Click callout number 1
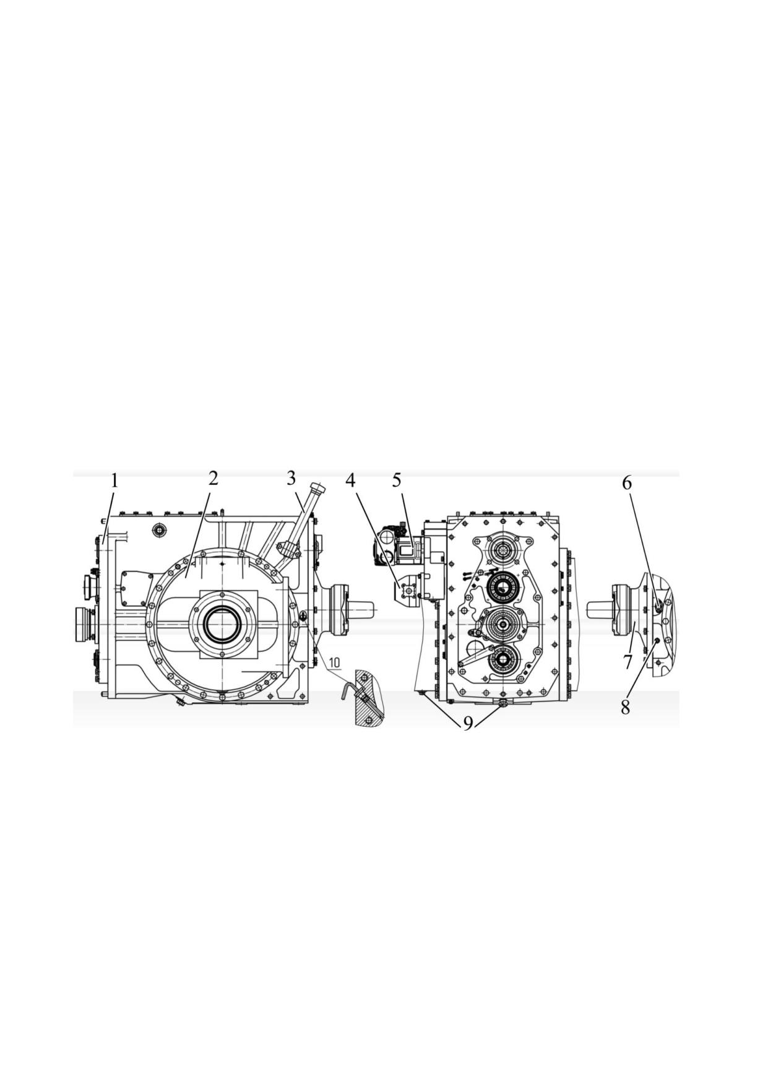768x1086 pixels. pyautogui.click(x=114, y=480)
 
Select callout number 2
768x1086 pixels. pyautogui.click(x=213, y=478)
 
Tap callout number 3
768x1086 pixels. pyautogui.click(x=291, y=478)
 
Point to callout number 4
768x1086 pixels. pyautogui.click(x=351, y=480)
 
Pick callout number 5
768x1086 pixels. pyautogui.click(x=397, y=480)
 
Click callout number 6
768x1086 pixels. pyautogui.click(x=627, y=483)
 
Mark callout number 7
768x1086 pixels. pyautogui.click(x=628, y=662)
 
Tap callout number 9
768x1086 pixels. pyautogui.click(x=468, y=723)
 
